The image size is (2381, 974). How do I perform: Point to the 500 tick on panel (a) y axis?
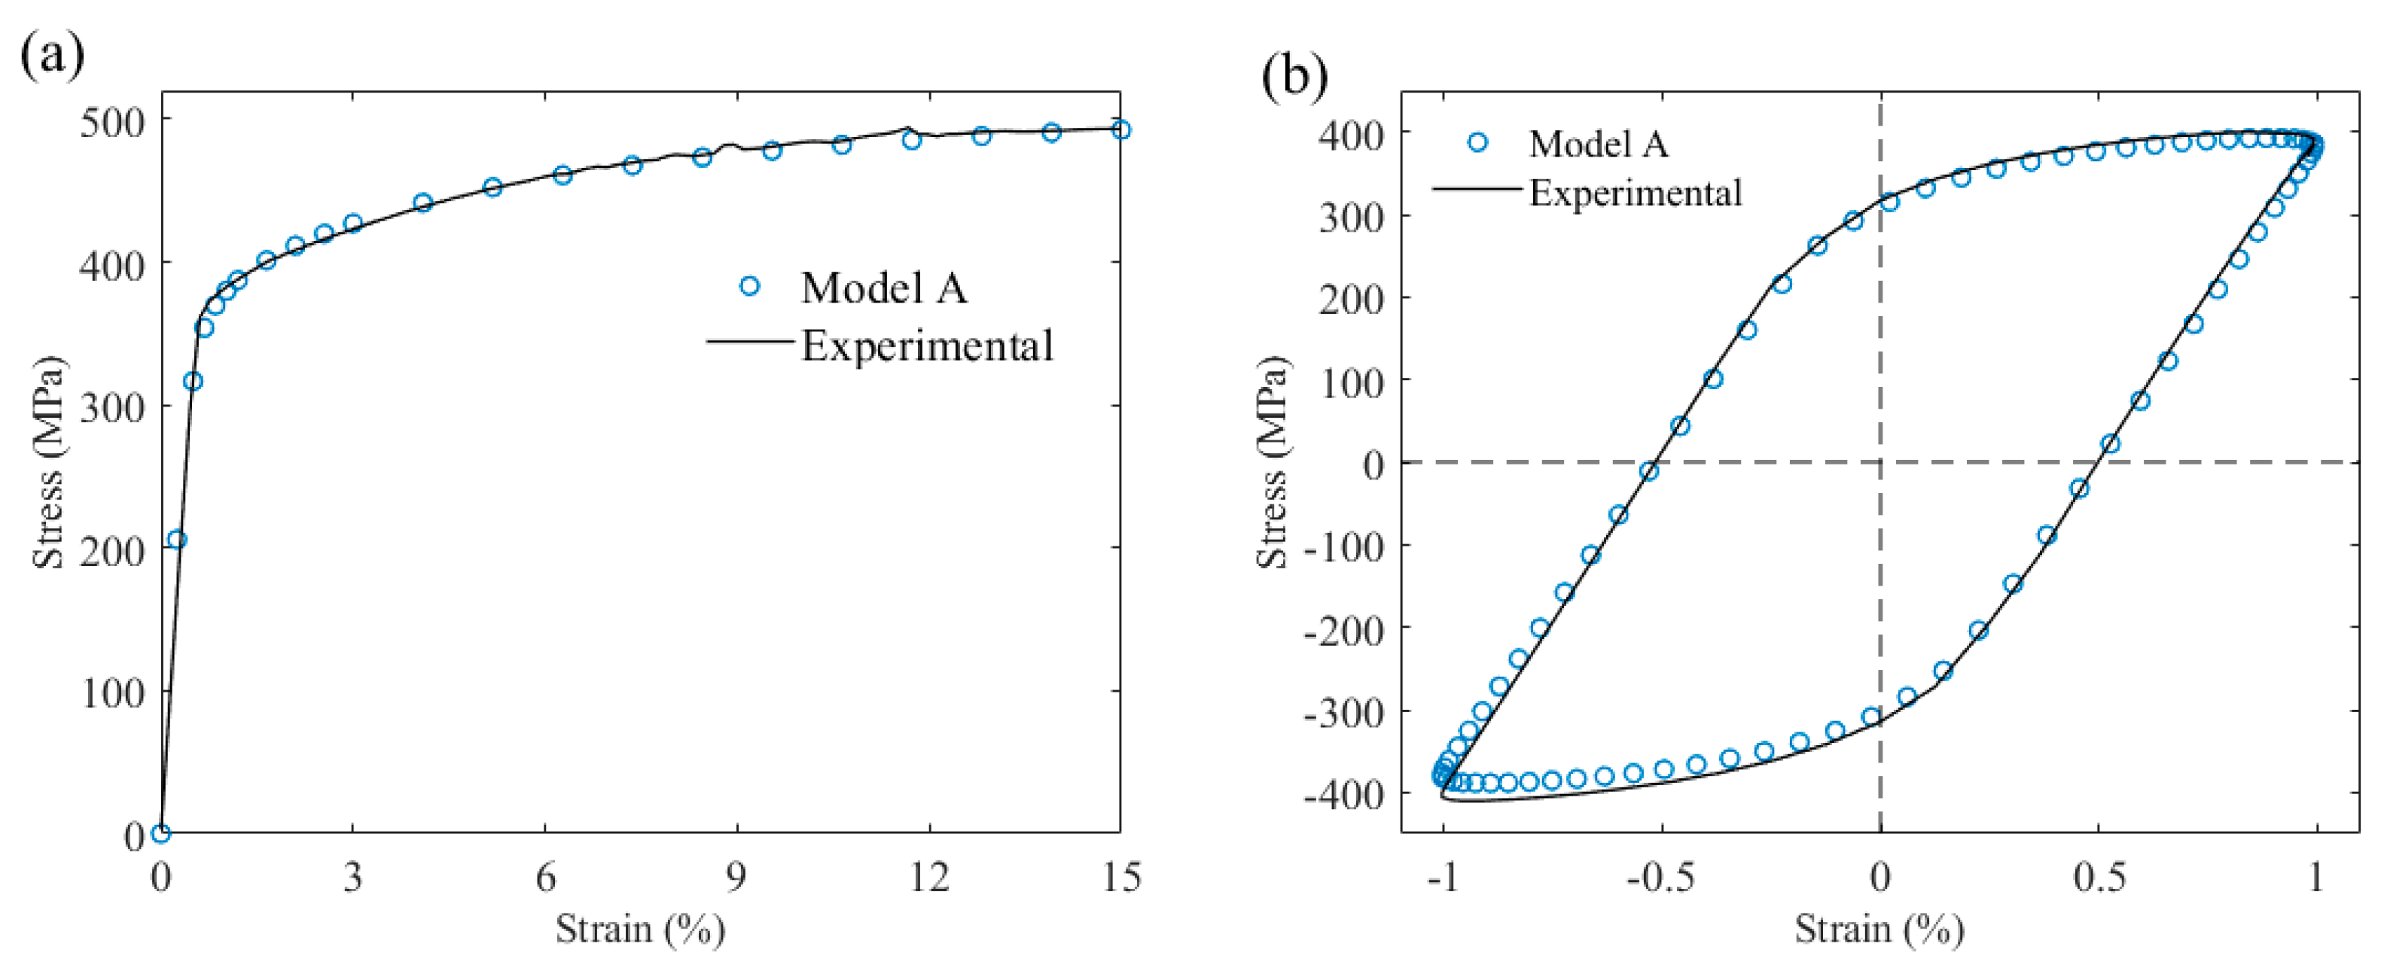pos(113,121)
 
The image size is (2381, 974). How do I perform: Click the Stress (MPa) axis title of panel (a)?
pos(48,462)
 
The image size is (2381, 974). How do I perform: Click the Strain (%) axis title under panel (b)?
pos(1878,929)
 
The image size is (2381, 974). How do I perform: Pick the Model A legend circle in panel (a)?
pos(749,287)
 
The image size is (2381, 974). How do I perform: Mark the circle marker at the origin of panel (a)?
pos(161,833)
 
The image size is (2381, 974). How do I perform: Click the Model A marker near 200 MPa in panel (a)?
pos(176,539)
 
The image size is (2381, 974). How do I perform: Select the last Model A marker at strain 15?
pos(1120,129)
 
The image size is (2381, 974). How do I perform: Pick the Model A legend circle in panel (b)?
pos(1477,142)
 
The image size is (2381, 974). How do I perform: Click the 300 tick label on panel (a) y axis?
pos(113,407)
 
